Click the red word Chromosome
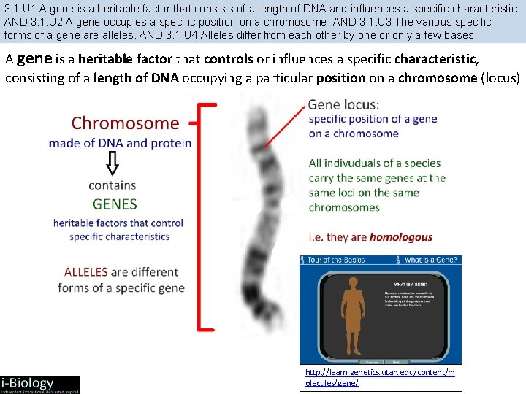[x=124, y=123]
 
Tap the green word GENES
[x=114, y=204]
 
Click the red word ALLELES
[x=86, y=272]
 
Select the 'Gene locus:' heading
[x=343, y=105]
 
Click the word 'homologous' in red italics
[x=401, y=237]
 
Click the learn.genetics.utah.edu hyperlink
[x=379, y=377]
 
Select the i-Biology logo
[x=39, y=384]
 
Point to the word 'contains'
[x=113, y=185]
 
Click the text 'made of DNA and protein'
[x=120, y=144]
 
